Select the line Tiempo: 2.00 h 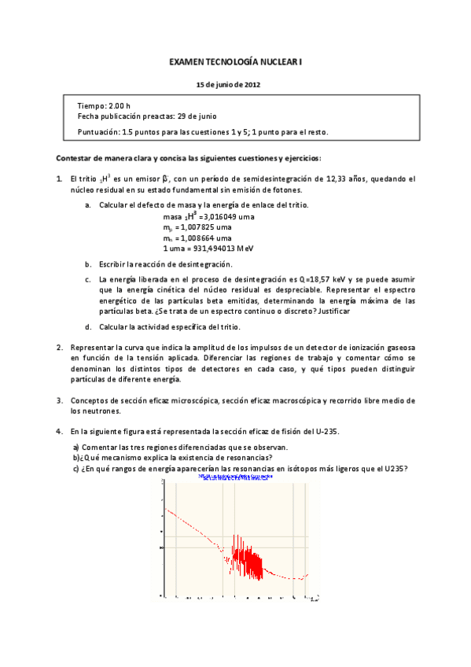[104, 105]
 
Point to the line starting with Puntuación [203, 131]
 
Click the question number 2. [60, 347]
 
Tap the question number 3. [60, 400]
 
